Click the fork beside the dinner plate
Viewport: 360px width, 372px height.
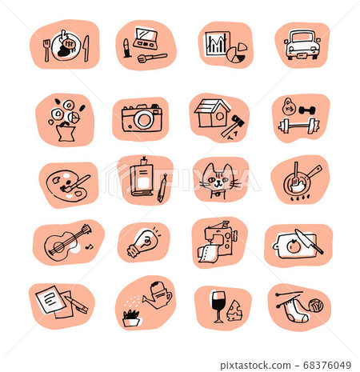point(46,50)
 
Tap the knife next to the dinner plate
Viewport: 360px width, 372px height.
point(86,49)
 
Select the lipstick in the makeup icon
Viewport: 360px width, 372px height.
point(126,48)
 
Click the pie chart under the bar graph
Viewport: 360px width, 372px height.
point(236,54)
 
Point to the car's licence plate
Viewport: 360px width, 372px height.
point(302,56)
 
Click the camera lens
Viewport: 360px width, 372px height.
point(144,120)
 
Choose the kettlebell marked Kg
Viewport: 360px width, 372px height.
point(289,106)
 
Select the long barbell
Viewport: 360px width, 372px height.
point(298,126)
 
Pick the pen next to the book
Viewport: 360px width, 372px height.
point(162,188)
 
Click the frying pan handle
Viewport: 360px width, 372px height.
point(315,172)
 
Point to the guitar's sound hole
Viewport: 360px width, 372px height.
point(58,246)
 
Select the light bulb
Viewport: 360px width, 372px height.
point(143,242)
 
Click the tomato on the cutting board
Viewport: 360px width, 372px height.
point(294,246)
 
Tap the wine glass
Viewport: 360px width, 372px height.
point(218,306)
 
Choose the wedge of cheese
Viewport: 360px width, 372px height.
point(234,310)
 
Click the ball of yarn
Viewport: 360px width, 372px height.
point(316,305)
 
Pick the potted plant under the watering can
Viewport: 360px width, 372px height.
point(131,318)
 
